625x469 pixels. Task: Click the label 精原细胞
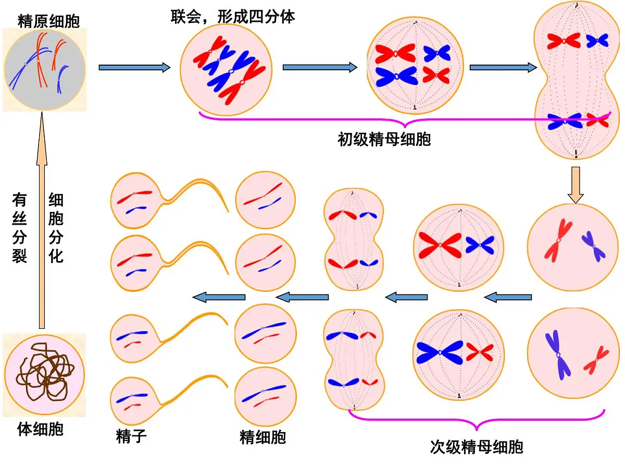pos(48,21)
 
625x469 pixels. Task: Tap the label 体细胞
pos(41,429)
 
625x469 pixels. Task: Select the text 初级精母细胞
pos(384,140)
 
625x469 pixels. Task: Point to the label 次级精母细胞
pos(477,447)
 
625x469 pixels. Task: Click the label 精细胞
pos(263,437)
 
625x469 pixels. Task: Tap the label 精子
pos(131,436)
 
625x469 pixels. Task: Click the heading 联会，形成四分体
pos(233,17)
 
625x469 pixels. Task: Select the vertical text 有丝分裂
pos(19,228)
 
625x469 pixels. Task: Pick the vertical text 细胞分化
pos(56,228)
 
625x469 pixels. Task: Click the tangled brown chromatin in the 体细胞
pos(45,373)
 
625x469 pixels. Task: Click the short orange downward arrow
pos(576,185)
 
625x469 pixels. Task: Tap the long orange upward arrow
pos(42,220)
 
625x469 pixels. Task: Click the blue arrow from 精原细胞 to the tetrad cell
pos(135,68)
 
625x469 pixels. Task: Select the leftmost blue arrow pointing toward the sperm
pos(219,297)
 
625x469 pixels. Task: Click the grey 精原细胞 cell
pos(45,70)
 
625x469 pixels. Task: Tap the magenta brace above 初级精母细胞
pos(405,120)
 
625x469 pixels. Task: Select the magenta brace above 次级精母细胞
pos(477,419)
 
